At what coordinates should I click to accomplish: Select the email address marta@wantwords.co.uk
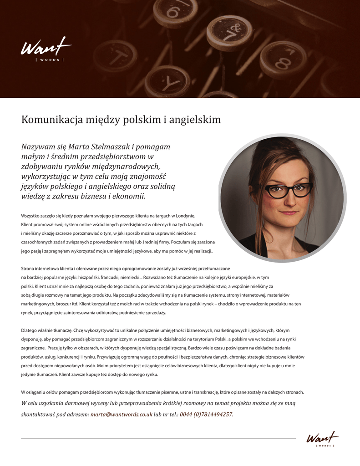pyautogui.click(x=121, y=415)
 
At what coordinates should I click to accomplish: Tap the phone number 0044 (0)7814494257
pyautogui.click(x=206, y=415)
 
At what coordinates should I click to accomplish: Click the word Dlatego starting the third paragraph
pyautogui.click(x=31, y=330)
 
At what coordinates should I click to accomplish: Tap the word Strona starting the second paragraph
pyautogui.click(x=30, y=268)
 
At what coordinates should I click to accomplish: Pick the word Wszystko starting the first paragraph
pyautogui.click(x=32, y=216)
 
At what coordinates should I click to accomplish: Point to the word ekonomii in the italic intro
pyautogui.click(x=129, y=197)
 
